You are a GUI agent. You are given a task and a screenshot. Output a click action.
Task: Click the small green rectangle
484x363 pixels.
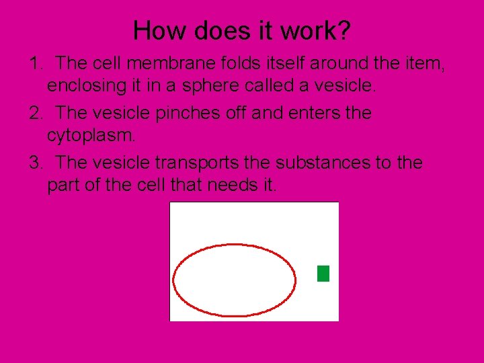(323, 274)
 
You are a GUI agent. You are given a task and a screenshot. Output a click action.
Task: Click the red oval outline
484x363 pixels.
(234, 246)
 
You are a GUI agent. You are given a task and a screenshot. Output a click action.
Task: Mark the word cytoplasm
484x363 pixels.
(91, 136)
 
